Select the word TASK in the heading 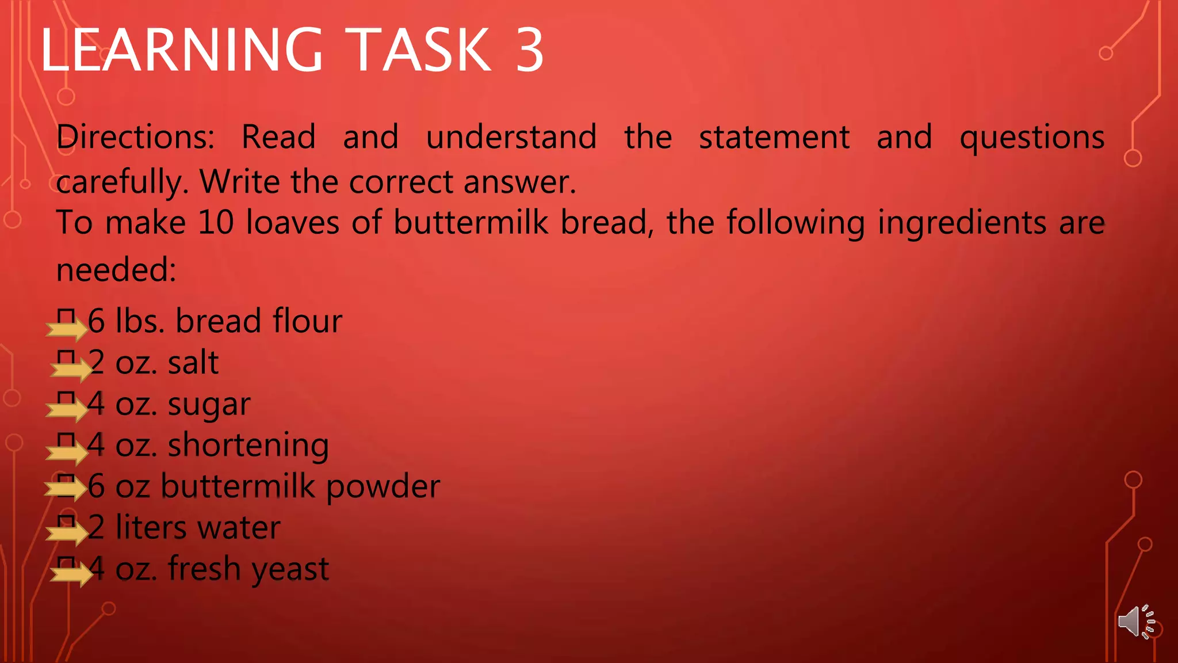[420, 51]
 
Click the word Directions [136, 138]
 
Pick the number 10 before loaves [216, 223]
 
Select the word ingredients [962, 223]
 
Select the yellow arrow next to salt [71, 369]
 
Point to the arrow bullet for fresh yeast [71, 574]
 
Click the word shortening [248, 446]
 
